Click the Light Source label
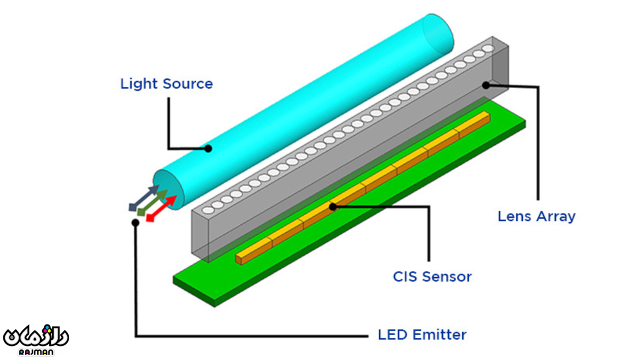166,83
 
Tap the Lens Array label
536,216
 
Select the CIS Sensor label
432,276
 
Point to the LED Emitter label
422,334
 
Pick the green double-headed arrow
152,203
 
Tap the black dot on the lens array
485,85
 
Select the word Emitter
444,334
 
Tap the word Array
556,216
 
